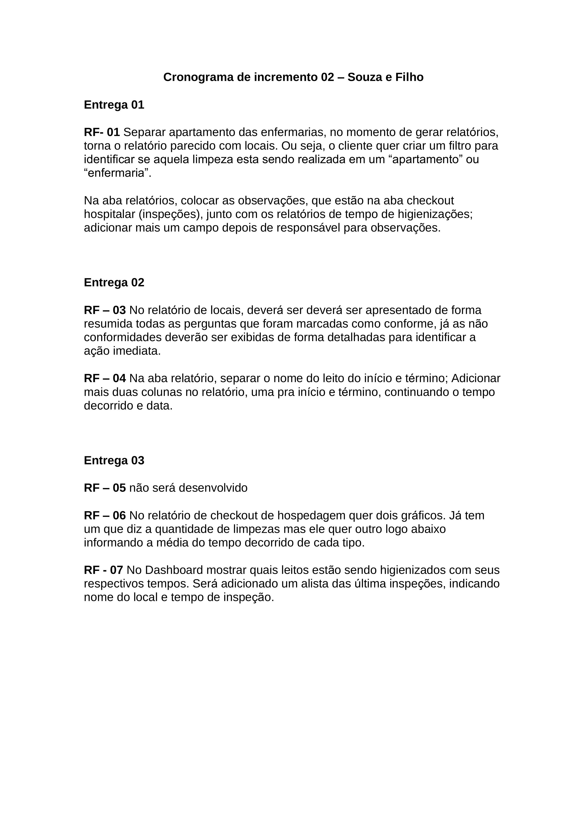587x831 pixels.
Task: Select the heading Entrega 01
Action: point(114,105)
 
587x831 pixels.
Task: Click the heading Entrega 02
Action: point(114,282)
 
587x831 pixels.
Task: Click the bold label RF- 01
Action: point(102,132)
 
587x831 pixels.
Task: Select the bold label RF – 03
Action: point(105,310)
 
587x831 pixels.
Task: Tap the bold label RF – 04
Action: point(105,378)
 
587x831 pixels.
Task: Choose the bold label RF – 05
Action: point(105,488)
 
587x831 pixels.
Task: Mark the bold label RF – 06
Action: point(105,515)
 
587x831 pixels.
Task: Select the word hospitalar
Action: point(109,214)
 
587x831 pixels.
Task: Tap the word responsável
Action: point(308,228)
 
